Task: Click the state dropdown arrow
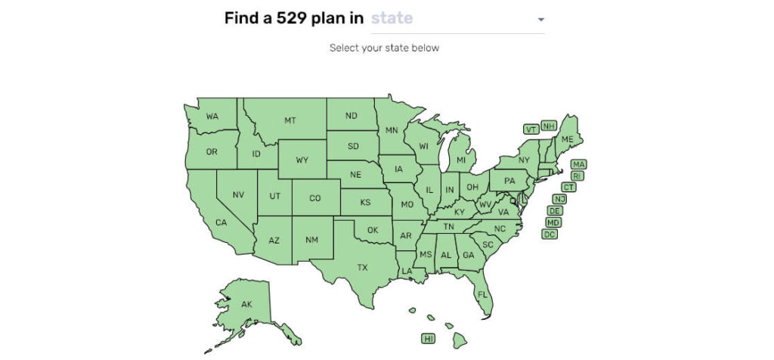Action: click(x=540, y=20)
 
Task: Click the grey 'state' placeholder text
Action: click(x=392, y=18)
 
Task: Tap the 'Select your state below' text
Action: click(x=384, y=48)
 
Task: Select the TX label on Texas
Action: click(x=363, y=267)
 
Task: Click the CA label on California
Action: click(x=221, y=222)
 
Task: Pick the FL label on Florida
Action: click(x=482, y=294)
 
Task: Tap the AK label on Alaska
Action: click(x=246, y=304)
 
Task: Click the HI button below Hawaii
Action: click(x=429, y=339)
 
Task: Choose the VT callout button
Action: click(x=531, y=129)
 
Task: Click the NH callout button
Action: click(x=548, y=126)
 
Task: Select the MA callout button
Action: click(x=578, y=164)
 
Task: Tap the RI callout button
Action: click(x=576, y=175)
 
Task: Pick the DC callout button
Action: click(x=550, y=234)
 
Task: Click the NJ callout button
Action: click(x=559, y=199)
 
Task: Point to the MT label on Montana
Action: click(x=289, y=120)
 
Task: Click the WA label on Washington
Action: click(x=212, y=116)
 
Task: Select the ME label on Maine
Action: click(x=567, y=139)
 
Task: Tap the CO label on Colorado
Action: click(x=315, y=198)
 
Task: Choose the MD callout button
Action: click(x=553, y=222)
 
